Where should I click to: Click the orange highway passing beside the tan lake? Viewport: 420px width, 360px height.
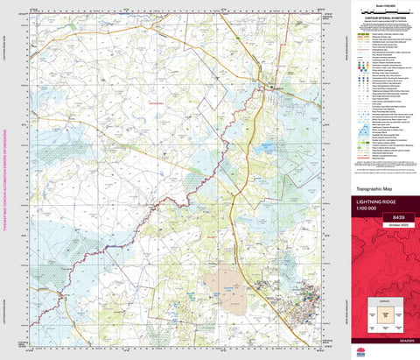254,263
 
